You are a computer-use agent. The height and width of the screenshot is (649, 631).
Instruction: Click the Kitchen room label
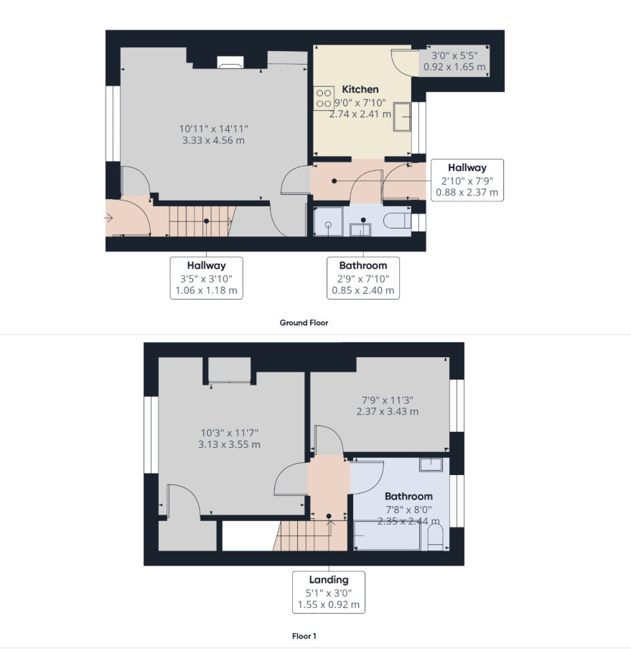point(360,89)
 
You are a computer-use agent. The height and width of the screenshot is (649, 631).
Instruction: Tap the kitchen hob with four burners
point(323,98)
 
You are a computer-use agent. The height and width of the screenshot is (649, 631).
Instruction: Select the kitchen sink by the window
point(402,116)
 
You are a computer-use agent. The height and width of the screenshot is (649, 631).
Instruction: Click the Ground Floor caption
point(304,323)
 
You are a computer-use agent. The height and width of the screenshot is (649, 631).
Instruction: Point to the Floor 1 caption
point(304,636)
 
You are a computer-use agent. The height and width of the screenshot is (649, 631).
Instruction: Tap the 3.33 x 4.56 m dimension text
point(213,140)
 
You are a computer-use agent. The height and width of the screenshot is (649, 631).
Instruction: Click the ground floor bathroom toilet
point(397,221)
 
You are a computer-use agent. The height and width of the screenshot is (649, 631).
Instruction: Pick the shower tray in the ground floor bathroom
point(328,221)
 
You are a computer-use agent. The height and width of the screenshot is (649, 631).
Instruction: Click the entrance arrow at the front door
point(108,218)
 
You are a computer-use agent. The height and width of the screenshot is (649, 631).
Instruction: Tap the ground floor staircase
point(202,221)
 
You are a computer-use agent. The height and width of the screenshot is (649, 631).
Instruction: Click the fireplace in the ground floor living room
point(230,62)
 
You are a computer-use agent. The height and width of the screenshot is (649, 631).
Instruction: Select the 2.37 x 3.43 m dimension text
point(388,412)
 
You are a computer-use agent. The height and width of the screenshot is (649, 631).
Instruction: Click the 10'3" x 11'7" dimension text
point(229,433)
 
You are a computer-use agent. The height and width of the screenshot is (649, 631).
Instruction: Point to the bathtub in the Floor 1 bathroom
point(387,535)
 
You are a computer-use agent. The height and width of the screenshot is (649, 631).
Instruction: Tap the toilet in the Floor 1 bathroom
point(435,538)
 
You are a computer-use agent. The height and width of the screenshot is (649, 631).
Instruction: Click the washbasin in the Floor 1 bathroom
point(431,464)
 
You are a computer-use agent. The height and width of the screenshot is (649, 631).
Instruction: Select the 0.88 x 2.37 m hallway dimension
point(467,193)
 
